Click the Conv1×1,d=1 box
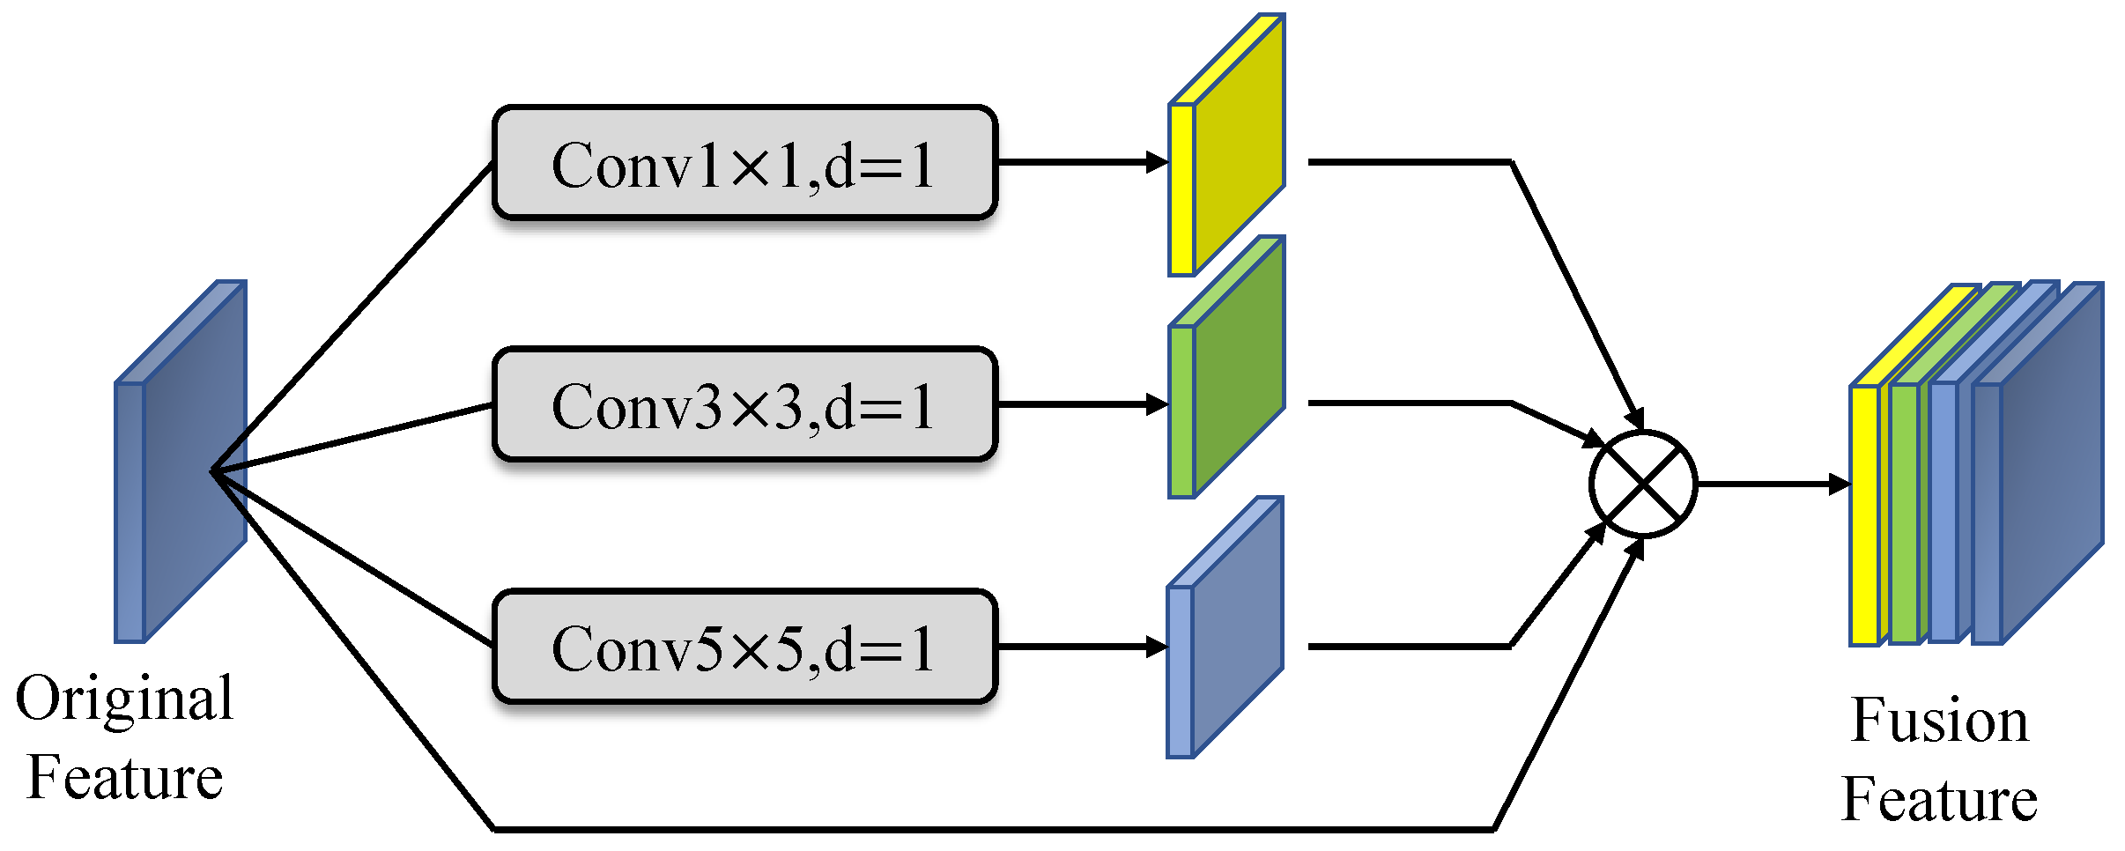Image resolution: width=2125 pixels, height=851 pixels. point(744,163)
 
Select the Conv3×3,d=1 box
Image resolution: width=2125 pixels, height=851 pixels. point(744,404)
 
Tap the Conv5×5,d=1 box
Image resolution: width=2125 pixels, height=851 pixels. point(744,647)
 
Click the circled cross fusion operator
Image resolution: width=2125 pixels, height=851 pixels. point(1643,484)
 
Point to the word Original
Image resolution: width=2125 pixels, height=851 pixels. point(124,699)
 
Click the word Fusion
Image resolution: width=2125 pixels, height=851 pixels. point(1939,721)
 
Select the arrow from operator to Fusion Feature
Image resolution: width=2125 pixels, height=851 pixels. point(1771,484)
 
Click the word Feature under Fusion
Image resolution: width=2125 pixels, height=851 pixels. point(1939,800)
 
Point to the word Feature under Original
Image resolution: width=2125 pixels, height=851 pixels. point(124,779)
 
